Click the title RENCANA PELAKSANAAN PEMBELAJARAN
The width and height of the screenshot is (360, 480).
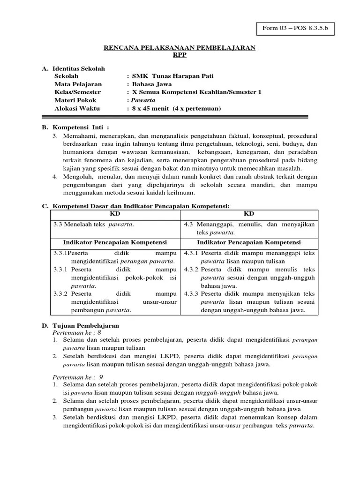pyautogui.click(x=180, y=48)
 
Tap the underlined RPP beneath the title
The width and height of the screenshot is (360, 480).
pyautogui.click(x=180, y=54)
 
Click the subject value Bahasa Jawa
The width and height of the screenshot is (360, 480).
pyautogui.click(x=152, y=84)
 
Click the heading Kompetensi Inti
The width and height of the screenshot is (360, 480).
pyautogui.click(x=80, y=127)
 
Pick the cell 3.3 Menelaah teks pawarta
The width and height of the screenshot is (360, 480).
pyautogui.click(x=94, y=224)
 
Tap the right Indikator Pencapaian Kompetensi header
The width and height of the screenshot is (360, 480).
pyautogui.click(x=249, y=242)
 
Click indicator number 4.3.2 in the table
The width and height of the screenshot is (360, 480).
pyautogui.click(x=191, y=270)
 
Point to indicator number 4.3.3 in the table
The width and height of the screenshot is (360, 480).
pyautogui.click(x=191, y=293)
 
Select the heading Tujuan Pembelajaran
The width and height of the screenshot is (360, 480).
pyautogui.click(x=86, y=325)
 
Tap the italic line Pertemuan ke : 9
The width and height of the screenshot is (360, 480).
pyautogui.click(x=75, y=376)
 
